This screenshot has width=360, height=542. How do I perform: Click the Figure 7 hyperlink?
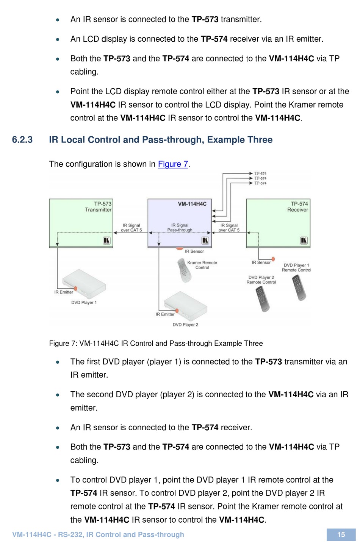pyautogui.click(x=173, y=164)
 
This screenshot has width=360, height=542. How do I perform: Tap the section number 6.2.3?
pyautogui.click(x=22, y=140)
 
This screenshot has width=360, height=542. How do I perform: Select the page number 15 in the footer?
pyautogui.click(x=341, y=534)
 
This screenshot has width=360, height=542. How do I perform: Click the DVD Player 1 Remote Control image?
pyautogui.click(x=299, y=287)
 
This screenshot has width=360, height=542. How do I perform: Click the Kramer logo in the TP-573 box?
pyautogui.click(x=107, y=241)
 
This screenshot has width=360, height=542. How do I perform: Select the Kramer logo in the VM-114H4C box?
pyautogui.click(x=205, y=241)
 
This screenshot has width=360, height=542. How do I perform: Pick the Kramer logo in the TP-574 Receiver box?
pyautogui.click(x=304, y=241)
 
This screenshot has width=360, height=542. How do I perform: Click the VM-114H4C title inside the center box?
pyautogui.click(x=192, y=204)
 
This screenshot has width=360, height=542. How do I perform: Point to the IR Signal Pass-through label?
pyautogui.click(x=180, y=228)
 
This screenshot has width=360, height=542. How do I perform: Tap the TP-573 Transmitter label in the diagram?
pyautogui.click(x=99, y=207)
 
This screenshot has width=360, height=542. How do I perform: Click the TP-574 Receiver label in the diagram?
pyautogui.click(x=298, y=207)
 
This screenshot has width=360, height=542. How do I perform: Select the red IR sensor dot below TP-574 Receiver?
pyautogui.click(x=273, y=259)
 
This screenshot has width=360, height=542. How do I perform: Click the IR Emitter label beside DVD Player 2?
pyautogui.click(x=165, y=314)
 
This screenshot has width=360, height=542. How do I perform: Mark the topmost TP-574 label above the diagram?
pyautogui.click(x=260, y=173)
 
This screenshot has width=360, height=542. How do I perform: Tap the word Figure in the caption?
pyautogui.click(x=59, y=344)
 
